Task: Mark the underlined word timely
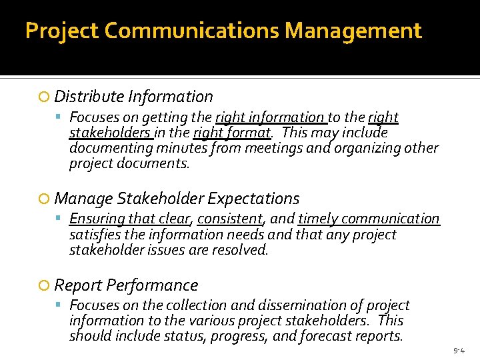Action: pyautogui.click(x=320, y=219)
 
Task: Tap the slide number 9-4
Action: pyautogui.click(x=459, y=350)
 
